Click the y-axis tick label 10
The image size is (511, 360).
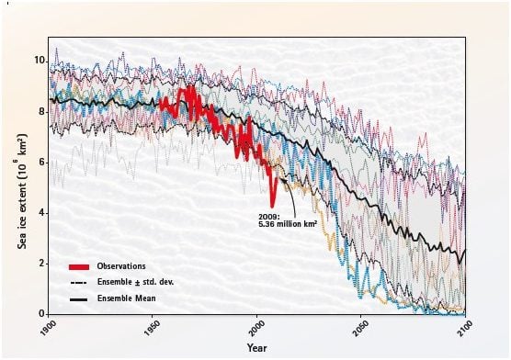tap(37, 61)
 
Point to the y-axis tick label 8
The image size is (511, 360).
tap(40, 111)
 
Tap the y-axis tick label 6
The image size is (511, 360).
tap(40, 162)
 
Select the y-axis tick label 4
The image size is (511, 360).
tap(40, 212)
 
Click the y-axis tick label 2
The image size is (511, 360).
tap(40, 263)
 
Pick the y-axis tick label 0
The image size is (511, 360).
tap(40, 313)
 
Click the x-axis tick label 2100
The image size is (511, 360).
tap(457, 329)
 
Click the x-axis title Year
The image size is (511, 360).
tap(256, 347)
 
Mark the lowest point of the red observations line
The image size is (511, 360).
tap(272, 207)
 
